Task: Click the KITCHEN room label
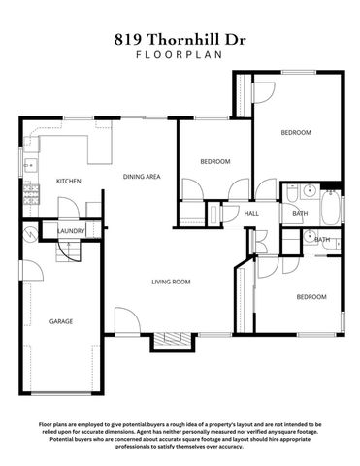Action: point(68,182)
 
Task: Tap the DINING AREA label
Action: point(141,177)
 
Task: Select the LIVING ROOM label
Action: point(170,282)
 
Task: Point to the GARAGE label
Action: point(61,321)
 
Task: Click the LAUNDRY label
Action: point(70,231)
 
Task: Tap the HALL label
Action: point(251,213)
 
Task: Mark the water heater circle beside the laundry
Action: point(31,233)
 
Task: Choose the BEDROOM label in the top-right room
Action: point(296,132)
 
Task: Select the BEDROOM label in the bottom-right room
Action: point(311,296)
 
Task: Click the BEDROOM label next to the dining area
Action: point(214,161)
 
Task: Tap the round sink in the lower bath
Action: point(308,236)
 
